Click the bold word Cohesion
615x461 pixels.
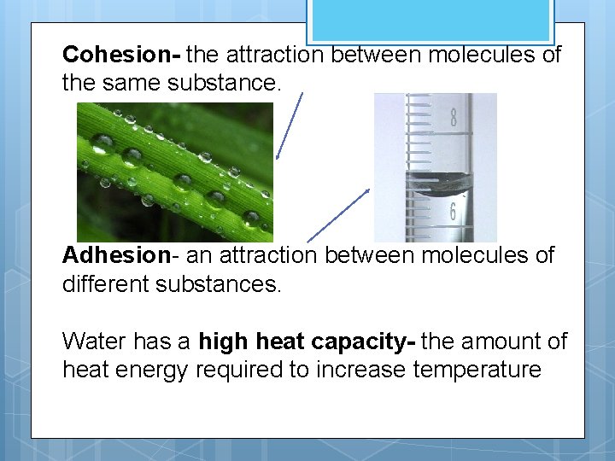[x=117, y=55]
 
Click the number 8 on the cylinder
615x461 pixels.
[x=453, y=118]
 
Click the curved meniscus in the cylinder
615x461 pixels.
[x=436, y=183]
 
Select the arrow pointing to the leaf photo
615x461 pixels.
[x=290, y=124]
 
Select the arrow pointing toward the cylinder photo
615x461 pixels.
[x=338, y=214]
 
